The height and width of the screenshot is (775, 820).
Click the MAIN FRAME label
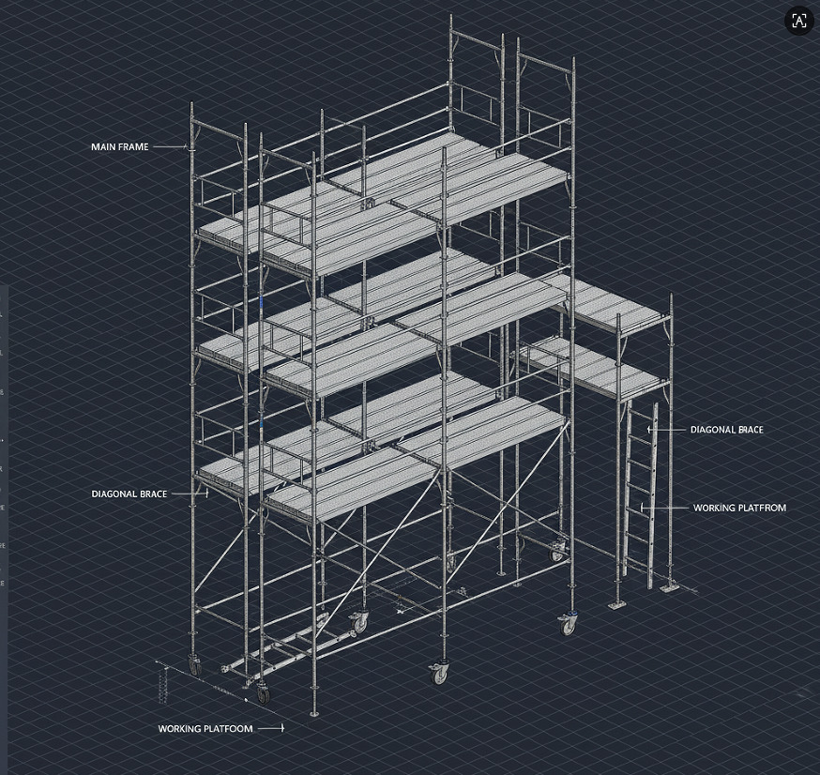(119, 147)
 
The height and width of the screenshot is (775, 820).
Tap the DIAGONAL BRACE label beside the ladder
(726, 430)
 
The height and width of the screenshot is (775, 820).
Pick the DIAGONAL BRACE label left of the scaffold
(129, 494)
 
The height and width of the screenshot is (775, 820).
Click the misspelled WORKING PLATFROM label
(739, 508)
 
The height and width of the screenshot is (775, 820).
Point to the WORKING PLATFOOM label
(205, 728)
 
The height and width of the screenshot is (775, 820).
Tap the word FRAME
(133, 147)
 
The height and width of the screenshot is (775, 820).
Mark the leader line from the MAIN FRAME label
(170, 147)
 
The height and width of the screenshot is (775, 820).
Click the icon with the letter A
(799, 22)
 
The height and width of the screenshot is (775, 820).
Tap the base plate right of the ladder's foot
(669, 587)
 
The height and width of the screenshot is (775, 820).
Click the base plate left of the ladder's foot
(616, 604)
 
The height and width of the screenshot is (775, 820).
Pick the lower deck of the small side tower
(600, 368)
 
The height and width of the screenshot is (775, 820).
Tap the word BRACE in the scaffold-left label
(152, 494)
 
